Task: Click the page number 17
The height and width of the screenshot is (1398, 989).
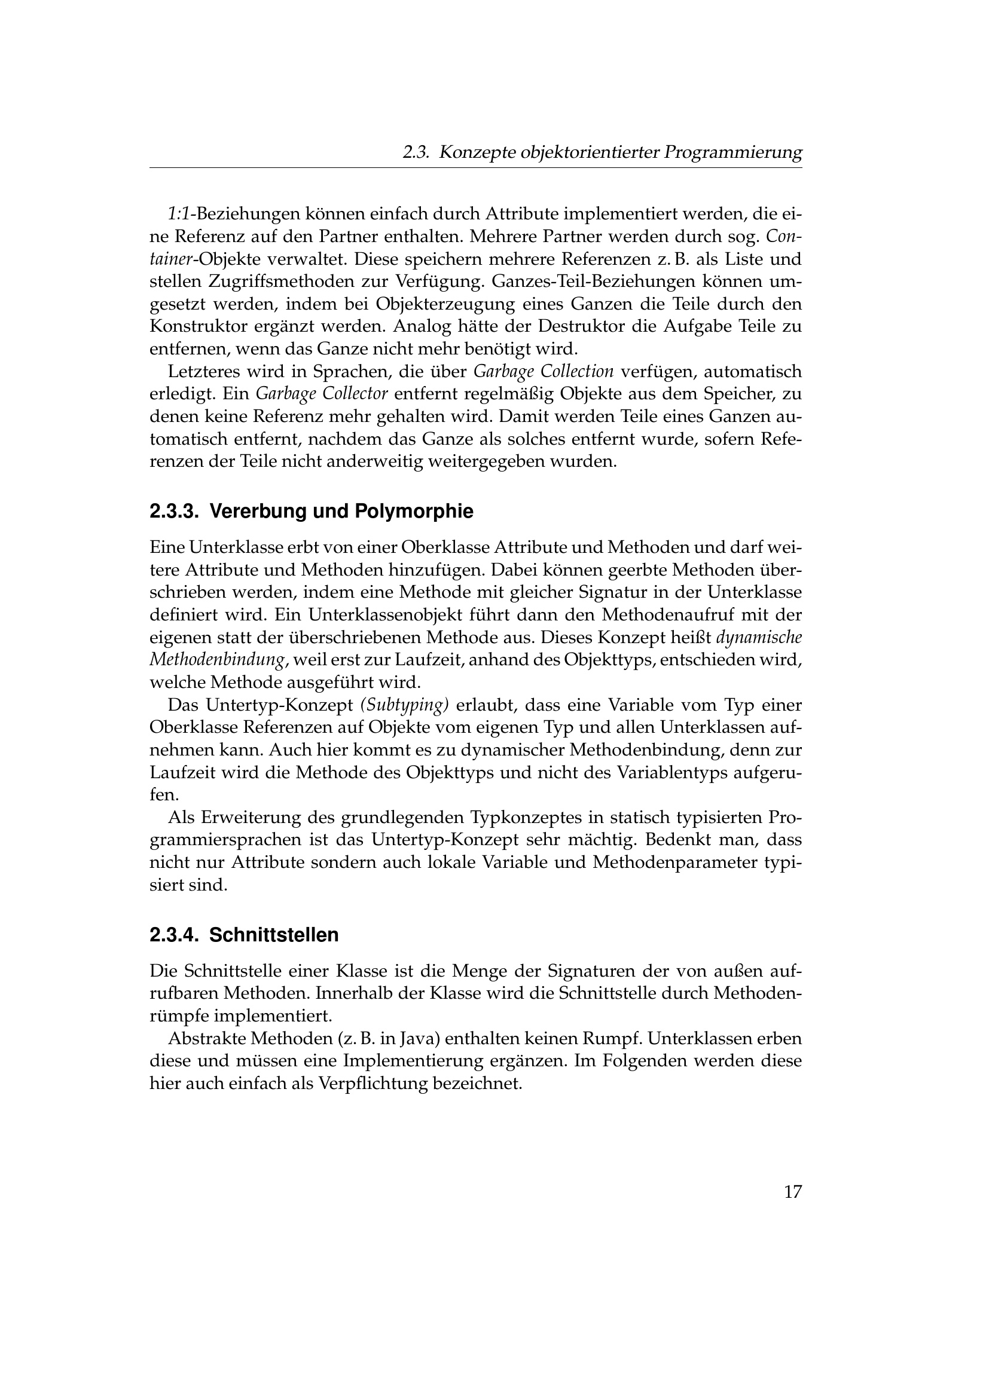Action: pos(792,1192)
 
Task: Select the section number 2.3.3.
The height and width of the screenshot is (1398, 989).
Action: pos(174,512)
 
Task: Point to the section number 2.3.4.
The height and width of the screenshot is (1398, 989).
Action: pos(174,934)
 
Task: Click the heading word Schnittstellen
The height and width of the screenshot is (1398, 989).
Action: pos(274,934)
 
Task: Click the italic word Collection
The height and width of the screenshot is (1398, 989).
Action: pos(579,371)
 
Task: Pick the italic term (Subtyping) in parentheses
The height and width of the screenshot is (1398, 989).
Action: pos(404,705)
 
